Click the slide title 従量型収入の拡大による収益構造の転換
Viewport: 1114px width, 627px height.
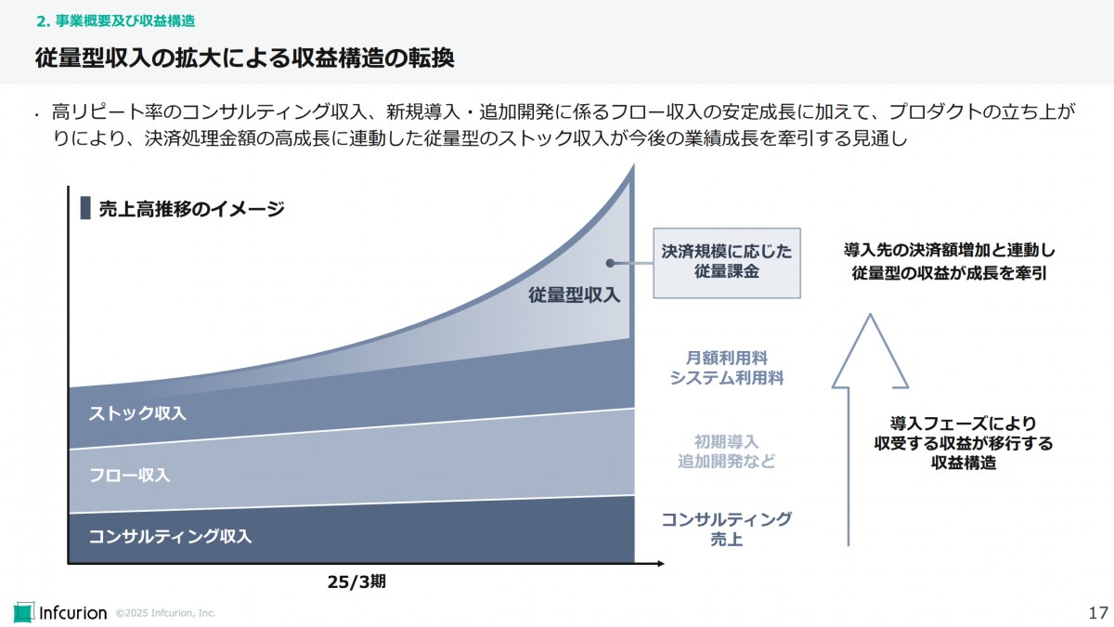tap(244, 59)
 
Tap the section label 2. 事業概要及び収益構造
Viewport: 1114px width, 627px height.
tap(115, 20)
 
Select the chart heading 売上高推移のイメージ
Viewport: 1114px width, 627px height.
tap(191, 209)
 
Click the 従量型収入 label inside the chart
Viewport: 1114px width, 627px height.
tap(575, 295)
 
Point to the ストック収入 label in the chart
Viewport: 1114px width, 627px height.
tap(137, 413)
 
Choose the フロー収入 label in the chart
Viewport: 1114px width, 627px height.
tap(129, 475)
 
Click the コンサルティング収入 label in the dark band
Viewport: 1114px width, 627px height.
tap(170, 536)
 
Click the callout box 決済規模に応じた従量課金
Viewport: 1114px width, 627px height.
tap(727, 262)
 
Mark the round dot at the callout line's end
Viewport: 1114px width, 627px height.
tap(610, 263)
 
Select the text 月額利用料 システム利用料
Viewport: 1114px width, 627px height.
tap(727, 368)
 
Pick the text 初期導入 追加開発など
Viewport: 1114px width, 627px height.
tap(727, 451)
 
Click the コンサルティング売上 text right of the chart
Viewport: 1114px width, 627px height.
tap(727, 529)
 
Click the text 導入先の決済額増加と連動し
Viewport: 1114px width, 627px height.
tap(950, 251)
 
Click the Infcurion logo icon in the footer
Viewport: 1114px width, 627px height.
tap(23, 612)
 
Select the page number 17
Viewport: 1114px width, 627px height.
tap(1097, 612)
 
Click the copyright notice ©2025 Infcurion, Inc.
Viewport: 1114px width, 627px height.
tap(165, 613)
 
